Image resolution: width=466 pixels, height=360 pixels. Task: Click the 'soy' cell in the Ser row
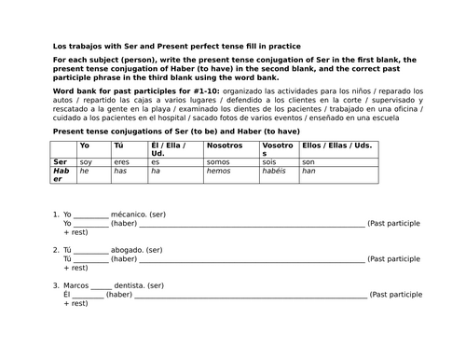point(87,162)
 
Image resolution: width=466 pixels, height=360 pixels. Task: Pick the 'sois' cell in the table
point(271,162)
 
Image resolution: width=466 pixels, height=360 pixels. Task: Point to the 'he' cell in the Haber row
point(85,172)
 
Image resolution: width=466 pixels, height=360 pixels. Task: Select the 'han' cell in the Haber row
point(309,172)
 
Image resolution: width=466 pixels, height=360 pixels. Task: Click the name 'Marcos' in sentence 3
point(76,285)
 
